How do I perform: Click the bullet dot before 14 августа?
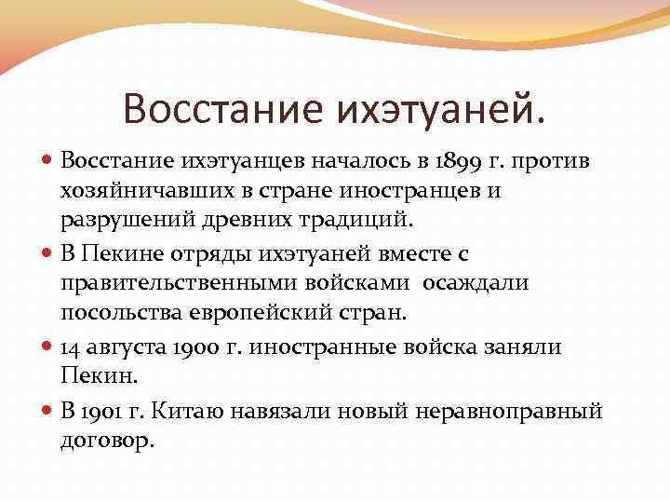tap(49, 347)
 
